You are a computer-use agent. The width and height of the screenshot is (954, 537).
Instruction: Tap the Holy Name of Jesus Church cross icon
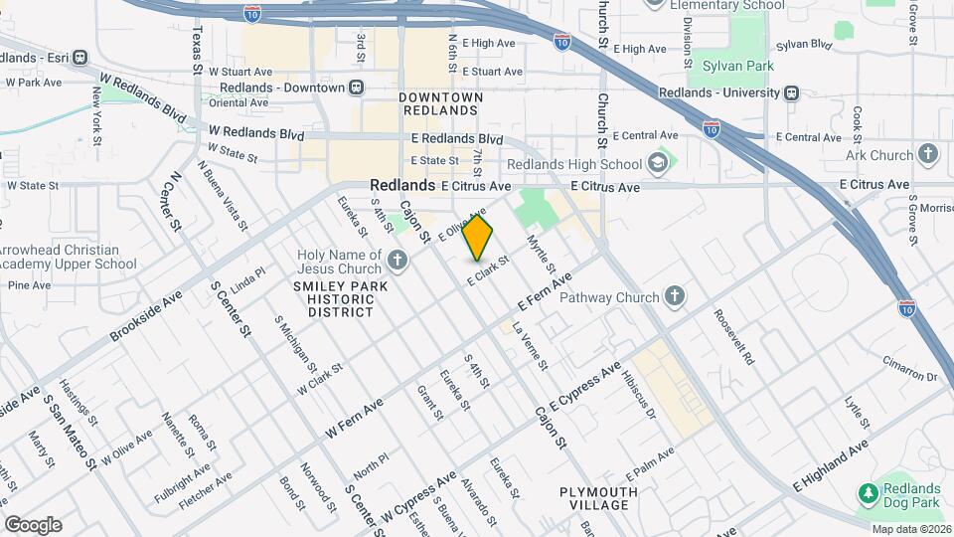(x=397, y=262)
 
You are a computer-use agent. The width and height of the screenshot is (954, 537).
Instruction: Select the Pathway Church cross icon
(x=675, y=296)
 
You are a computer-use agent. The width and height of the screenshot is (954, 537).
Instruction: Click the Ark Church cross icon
(x=928, y=154)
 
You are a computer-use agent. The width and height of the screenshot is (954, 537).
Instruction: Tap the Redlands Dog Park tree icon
(x=869, y=494)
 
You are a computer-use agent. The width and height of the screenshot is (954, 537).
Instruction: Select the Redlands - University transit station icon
(x=791, y=92)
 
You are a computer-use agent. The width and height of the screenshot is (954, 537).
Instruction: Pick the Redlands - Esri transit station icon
(x=82, y=57)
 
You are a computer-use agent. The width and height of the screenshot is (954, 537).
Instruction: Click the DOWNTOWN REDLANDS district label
(x=440, y=103)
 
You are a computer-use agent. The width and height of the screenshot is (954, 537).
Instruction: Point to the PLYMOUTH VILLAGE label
(x=597, y=499)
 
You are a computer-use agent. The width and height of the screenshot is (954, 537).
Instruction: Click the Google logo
(x=33, y=524)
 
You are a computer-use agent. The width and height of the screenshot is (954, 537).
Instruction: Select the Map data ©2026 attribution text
(x=910, y=529)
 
